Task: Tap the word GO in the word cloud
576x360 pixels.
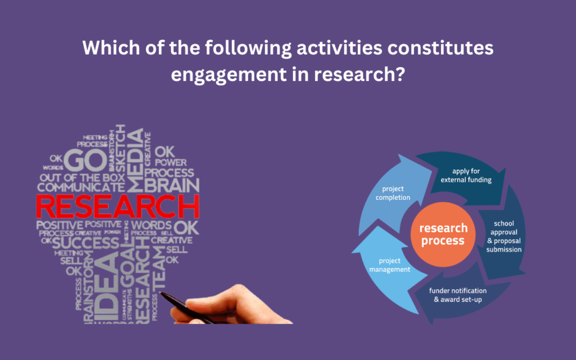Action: point(85,161)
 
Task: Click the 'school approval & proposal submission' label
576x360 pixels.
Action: point(503,236)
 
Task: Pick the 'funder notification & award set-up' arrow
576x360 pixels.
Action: point(457,295)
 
